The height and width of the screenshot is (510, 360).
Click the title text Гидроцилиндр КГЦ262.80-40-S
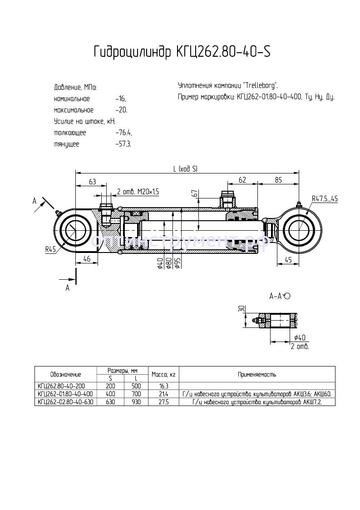(x=182, y=52)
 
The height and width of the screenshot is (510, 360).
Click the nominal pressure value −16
(x=121, y=99)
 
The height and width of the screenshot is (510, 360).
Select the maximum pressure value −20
(x=122, y=110)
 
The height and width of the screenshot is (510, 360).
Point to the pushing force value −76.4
(x=123, y=133)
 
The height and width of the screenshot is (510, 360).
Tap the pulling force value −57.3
(x=123, y=144)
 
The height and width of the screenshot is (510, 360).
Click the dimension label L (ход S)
(x=185, y=168)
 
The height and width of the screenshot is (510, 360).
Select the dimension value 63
(x=92, y=182)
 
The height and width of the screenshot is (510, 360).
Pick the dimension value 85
(x=278, y=180)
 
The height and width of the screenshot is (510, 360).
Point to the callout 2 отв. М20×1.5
(x=138, y=192)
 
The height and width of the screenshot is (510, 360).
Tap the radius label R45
(x=50, y=249)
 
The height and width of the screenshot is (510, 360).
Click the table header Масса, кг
(x=164, y=374)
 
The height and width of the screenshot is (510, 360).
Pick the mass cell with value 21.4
(x=164, y=394)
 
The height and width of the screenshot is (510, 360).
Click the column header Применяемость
(x=257, y=374)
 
